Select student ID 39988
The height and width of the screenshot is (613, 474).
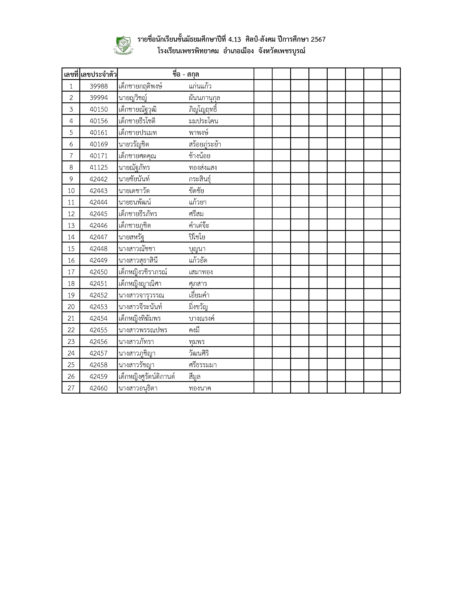pyautogui.click(x=98, y=86)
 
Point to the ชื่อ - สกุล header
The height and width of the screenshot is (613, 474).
pyautogui.click(x=186, y=74)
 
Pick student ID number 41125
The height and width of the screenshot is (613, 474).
pyautogui.click(x=98, y=168)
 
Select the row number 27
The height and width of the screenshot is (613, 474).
pyautogui.click(x=71, y=388)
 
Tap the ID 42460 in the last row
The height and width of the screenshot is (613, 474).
pyautogui.click(x=98, y=388)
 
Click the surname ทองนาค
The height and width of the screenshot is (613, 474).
pyautogui.click(x=200, y=388)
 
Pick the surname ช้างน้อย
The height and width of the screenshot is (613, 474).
pyautogui.click(x=199, y=156)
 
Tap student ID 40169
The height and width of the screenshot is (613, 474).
pyautogui.click(x=98, y=144)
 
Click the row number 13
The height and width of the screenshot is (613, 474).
pyautogui.click(x=71, y=226)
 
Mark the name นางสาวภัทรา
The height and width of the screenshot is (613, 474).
pyautogui.click(x=136, y=342)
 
